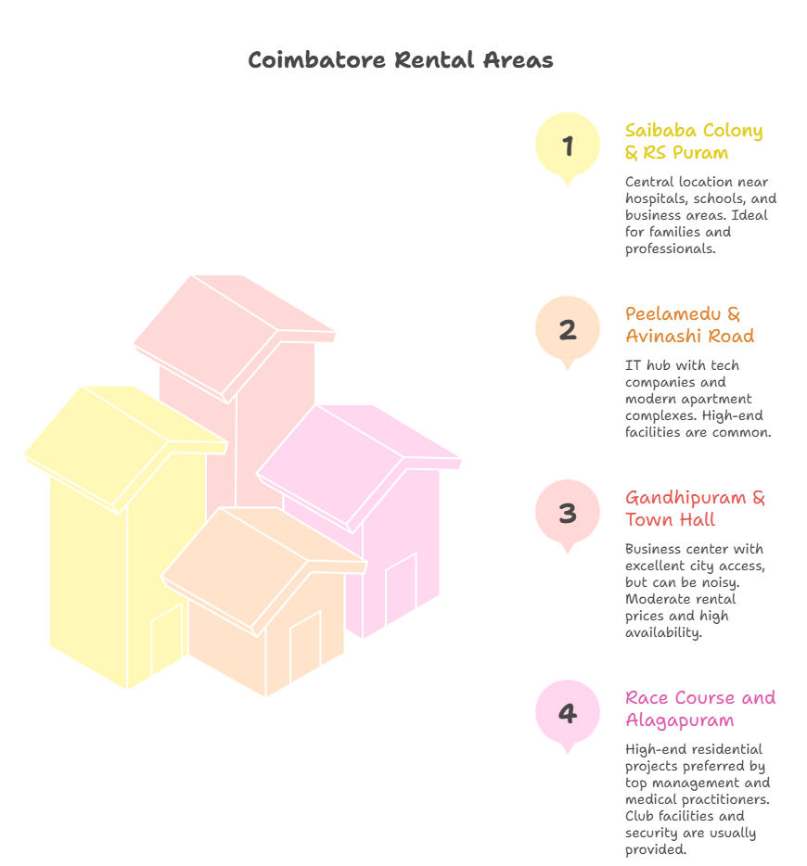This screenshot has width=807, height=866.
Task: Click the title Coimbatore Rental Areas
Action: point(400,59)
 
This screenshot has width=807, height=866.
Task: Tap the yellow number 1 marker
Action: point(568,146)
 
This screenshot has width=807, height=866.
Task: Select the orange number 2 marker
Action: point(568,330)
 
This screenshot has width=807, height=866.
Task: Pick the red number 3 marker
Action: point(568,513)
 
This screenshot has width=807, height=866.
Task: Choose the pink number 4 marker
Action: point(568,714)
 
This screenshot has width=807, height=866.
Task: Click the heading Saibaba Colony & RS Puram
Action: point(694,141)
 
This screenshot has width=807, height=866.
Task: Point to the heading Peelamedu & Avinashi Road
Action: point(690,325)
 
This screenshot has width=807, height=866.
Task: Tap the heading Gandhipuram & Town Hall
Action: point(696,508)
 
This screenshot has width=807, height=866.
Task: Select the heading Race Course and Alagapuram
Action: point(700,708)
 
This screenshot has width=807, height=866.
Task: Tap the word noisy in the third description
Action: point(721,582)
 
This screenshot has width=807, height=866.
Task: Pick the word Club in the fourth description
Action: point(640,816)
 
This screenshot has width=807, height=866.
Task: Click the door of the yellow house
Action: point(167,639)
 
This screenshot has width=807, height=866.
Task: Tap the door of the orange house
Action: point(305,646)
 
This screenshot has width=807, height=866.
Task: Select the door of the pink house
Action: point(401,589)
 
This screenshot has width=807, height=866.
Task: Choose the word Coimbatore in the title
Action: point(316,59)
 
